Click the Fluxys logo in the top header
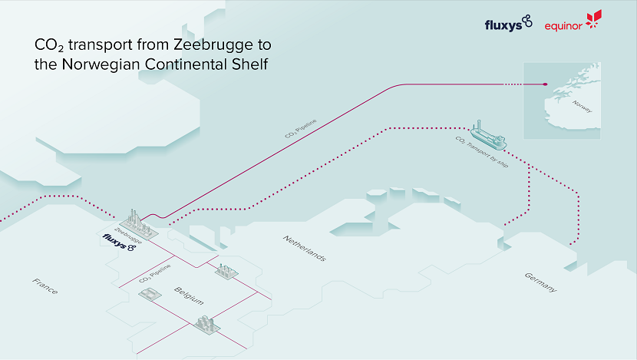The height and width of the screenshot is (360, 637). pos(508,24)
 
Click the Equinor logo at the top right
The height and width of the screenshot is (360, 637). pos(573,24)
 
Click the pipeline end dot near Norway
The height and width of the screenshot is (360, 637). pos(544,84)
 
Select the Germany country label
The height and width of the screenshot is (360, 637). pos(540,282)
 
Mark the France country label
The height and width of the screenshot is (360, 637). pos(45,287)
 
